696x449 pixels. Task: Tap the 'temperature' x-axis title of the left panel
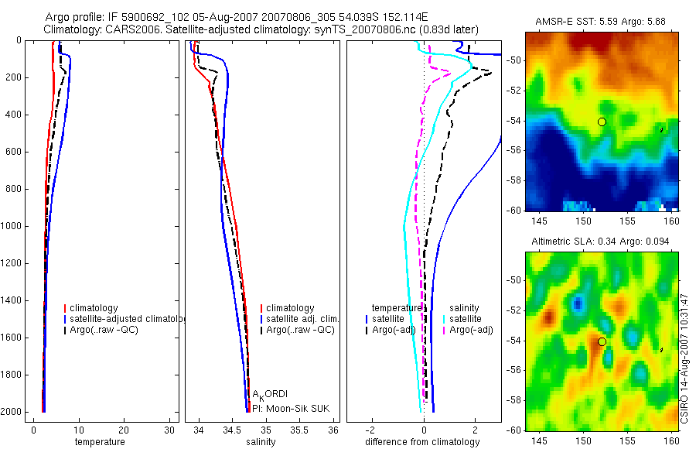point(99,442)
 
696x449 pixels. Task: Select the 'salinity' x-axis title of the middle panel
point(260,442)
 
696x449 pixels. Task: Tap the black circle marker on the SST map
point(602,121)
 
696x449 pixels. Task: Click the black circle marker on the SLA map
point(602,341)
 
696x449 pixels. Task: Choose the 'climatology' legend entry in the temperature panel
point(94,308)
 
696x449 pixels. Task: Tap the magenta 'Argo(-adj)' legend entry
point(471,330)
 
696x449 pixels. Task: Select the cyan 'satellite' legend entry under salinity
point(465,319)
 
